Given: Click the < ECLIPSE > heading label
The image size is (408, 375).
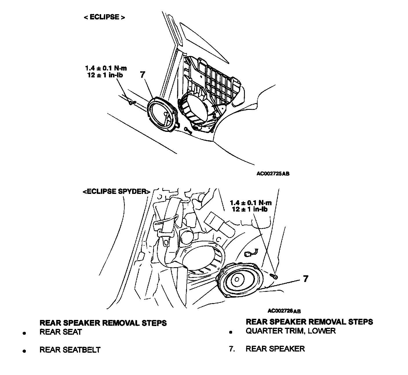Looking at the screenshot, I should tap(104, 17).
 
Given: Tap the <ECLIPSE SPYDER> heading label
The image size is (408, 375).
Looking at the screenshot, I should tap(116, 192).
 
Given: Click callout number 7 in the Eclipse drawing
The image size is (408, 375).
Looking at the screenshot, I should tap(142, 74).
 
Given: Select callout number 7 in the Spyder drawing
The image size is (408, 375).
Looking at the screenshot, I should tap(305, 279).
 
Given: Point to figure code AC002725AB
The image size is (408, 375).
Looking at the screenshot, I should tap(273, 174).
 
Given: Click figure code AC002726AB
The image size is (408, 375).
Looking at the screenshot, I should tap(284, 311).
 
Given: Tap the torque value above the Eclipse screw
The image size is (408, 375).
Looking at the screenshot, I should tap(106, 68).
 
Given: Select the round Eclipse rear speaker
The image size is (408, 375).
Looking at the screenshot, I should tap(162, 115).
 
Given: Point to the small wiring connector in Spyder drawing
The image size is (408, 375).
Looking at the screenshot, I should tap(249, 254).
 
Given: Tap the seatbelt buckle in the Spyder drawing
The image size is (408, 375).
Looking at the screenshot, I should tap(167, 240).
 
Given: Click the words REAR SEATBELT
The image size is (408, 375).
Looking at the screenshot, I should tap(70, 350).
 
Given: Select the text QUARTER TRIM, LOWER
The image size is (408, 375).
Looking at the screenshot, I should tap(290, 331).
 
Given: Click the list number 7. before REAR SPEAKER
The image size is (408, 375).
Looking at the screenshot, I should tap(232, 349).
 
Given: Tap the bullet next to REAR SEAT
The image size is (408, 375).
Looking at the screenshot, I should tap(25, 333).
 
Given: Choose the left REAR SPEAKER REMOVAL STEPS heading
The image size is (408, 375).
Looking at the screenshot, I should tap(103, 323).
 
